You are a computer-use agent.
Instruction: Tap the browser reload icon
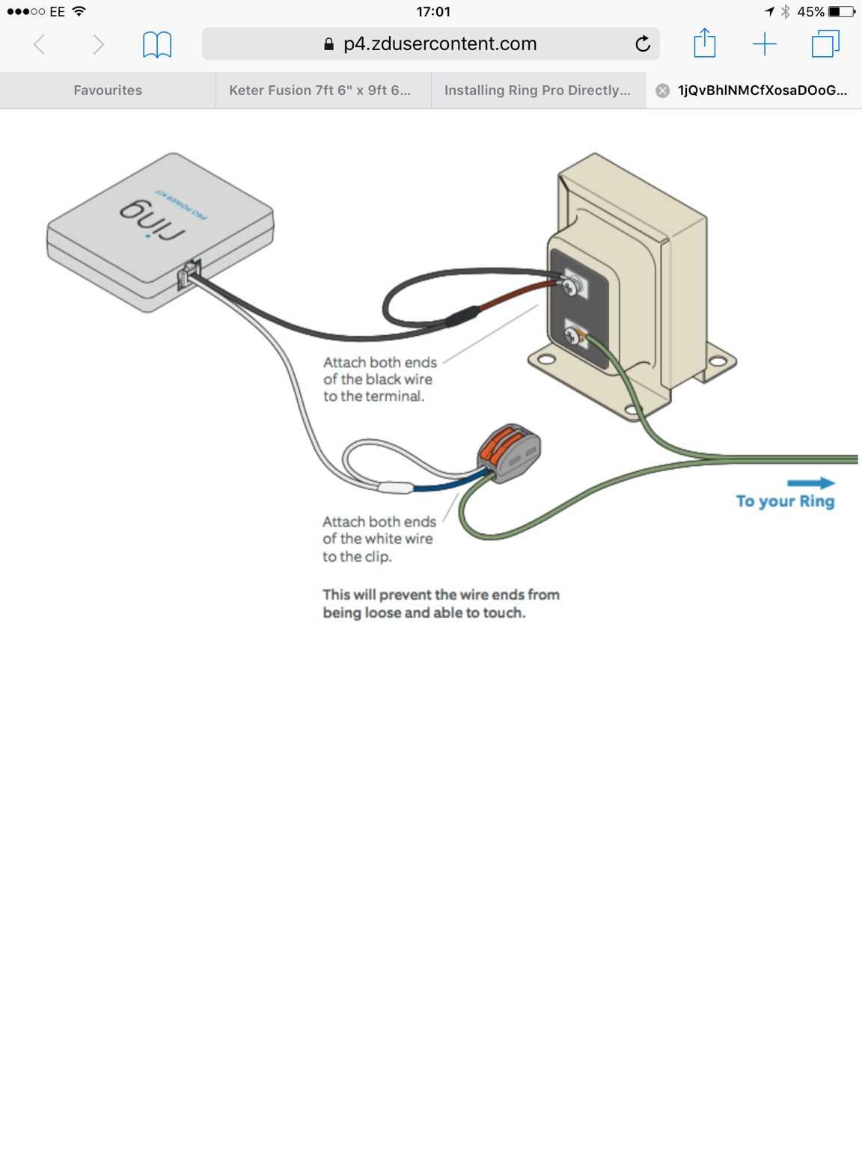coord(642,44)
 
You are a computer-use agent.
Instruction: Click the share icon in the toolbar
coord(704,43)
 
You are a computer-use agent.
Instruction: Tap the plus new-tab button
coord(764,44)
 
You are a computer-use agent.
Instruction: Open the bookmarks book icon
coord(157,45)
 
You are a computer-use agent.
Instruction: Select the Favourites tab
coord(108,91)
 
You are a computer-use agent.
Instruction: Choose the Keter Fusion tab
coord(320,91)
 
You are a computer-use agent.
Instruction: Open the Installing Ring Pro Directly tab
coord(537,91)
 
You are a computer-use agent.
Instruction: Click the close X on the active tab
coord(662,91)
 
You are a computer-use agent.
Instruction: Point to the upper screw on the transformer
coord(571,285)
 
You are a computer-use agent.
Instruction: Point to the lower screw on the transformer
coord(573,337)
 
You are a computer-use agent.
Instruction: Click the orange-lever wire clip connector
coord(509,452)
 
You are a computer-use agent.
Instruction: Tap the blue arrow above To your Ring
coord(810,483)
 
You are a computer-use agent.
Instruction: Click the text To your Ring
coord(785,501)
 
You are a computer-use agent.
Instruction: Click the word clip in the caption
coord(377,557)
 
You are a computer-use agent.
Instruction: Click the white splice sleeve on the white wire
coord(395,488)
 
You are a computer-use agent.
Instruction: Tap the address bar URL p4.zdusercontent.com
coord(439,44)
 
